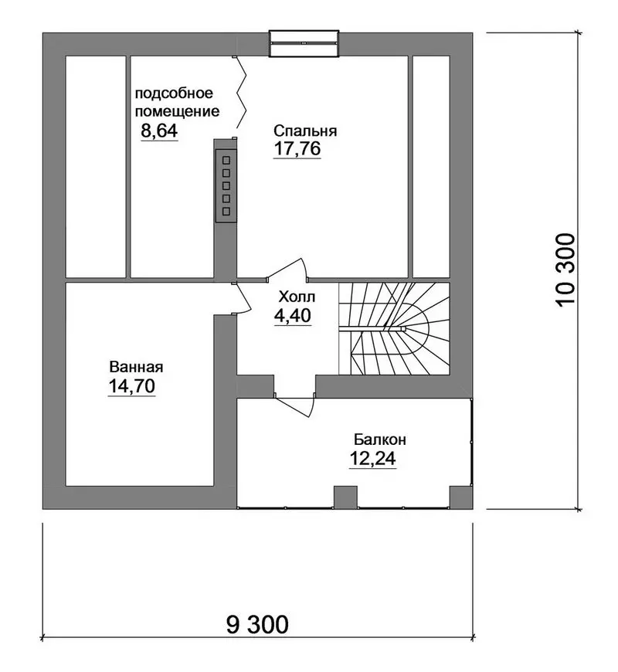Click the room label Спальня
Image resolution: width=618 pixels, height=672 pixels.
305,131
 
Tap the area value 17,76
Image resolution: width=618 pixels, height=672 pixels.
297,149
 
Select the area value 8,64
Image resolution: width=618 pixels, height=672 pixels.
159,131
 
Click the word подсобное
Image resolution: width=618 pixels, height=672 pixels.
174,93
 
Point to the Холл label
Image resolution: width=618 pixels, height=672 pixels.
297,297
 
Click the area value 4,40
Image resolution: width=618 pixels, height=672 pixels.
293,316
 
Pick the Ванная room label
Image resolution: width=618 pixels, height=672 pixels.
136,368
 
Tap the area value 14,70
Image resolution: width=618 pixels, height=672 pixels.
131,386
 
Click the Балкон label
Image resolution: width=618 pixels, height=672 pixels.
380,440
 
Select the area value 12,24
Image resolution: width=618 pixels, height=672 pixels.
373,459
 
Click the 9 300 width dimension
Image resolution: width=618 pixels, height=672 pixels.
257,625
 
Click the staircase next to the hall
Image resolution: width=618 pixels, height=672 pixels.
394,328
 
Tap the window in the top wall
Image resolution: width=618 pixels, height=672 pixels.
304,43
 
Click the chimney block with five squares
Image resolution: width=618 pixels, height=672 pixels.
226,185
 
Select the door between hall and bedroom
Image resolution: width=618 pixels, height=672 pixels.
286,270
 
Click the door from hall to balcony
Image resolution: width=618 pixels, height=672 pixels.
295,404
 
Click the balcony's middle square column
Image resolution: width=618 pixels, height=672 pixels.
345,497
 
